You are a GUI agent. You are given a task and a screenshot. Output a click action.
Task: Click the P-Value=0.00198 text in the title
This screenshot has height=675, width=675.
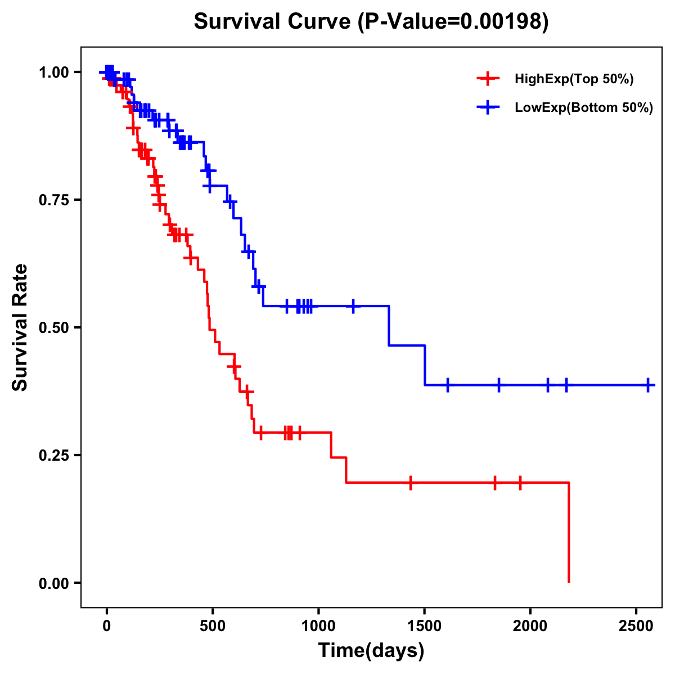(x=453, y=21)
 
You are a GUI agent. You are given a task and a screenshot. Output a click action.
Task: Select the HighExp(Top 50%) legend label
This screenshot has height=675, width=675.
(x=574, y=79)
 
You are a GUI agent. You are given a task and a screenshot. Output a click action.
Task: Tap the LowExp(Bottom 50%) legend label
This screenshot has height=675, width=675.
(x=584, y=108)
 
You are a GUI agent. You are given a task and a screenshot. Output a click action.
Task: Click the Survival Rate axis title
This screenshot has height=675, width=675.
(x=20, y=327)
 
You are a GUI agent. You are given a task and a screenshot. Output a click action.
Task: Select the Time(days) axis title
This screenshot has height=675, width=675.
(x=371, y=651)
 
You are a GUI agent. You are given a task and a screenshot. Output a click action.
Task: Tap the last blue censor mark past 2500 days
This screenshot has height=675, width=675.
(x=648, y=385)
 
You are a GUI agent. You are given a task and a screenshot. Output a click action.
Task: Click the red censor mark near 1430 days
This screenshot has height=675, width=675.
(x=411, y=483)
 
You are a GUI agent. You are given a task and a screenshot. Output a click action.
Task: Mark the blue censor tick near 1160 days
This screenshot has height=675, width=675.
(x=353, y=306)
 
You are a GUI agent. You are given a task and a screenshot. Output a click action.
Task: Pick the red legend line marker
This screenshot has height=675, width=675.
(x=488, y=79)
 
